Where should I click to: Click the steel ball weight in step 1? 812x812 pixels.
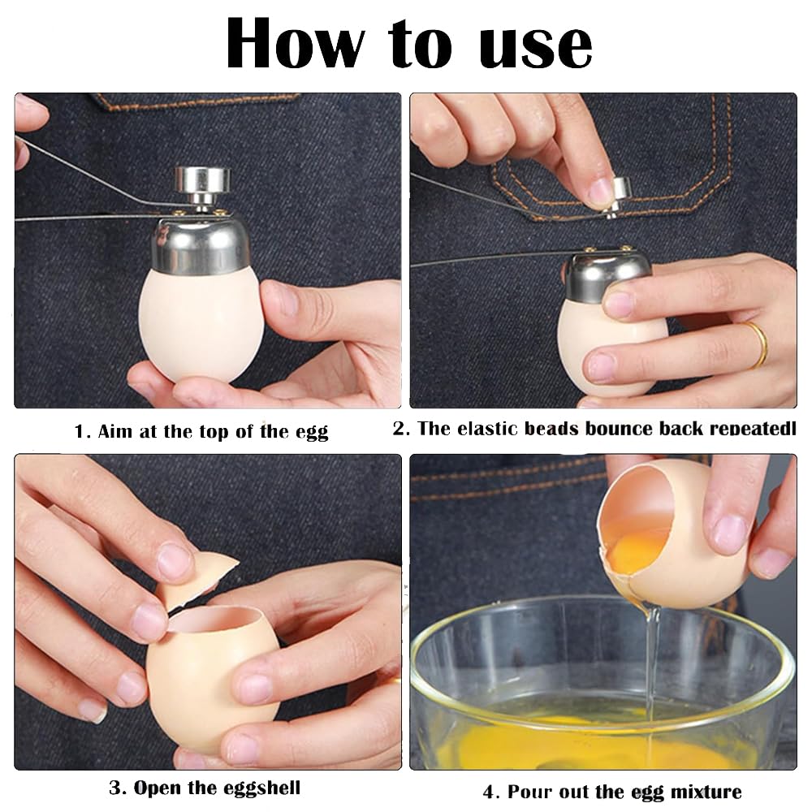coord(202,186)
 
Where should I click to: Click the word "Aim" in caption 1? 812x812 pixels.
coord(115,431)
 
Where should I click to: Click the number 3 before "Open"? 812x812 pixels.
coord(115,788)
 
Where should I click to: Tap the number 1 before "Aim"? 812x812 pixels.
coord(80,431)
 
